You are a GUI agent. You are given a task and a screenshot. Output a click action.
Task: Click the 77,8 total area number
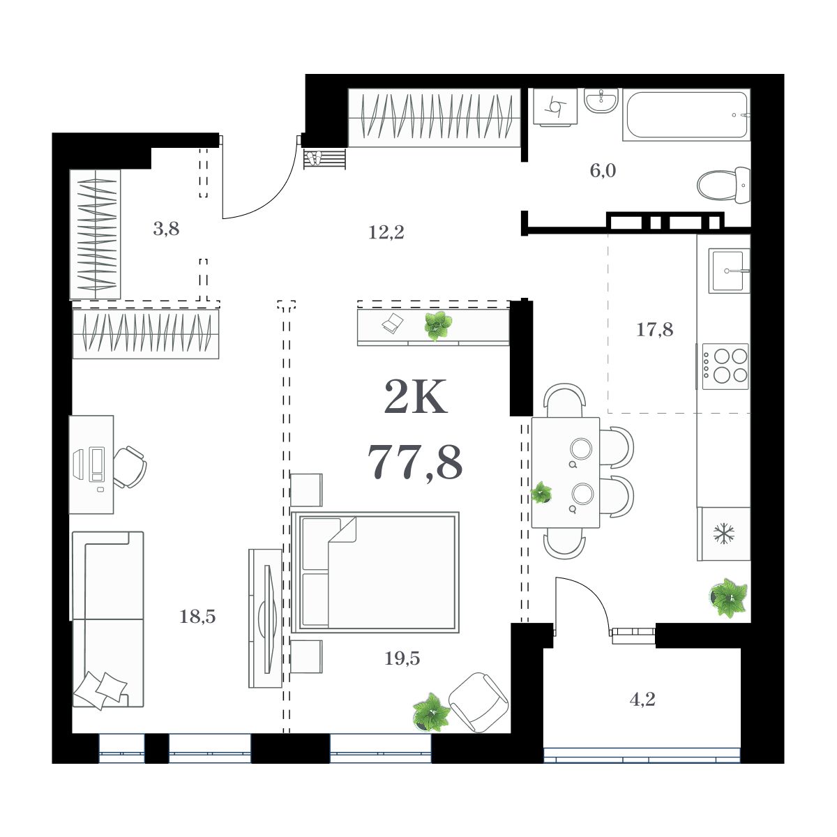(415, 462)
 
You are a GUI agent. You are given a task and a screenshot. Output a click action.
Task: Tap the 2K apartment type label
(415, 399)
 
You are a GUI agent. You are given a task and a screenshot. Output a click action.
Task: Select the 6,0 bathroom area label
(603, 170)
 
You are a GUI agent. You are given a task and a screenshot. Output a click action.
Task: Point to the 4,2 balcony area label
(642, 699)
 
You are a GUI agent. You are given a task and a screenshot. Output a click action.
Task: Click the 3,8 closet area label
(166, 228)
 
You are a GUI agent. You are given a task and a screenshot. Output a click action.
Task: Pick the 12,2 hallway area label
(386, 232)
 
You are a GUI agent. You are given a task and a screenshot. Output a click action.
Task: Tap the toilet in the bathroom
(724, 186)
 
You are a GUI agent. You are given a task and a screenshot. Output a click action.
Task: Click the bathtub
(687, 115)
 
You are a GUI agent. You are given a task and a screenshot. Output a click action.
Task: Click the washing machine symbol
(556, 107)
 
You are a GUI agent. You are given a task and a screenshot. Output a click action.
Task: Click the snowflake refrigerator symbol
(724, 534)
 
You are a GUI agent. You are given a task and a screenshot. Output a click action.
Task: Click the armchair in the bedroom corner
(478, 702)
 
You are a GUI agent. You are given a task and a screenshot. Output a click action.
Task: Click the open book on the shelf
(393, 322)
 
